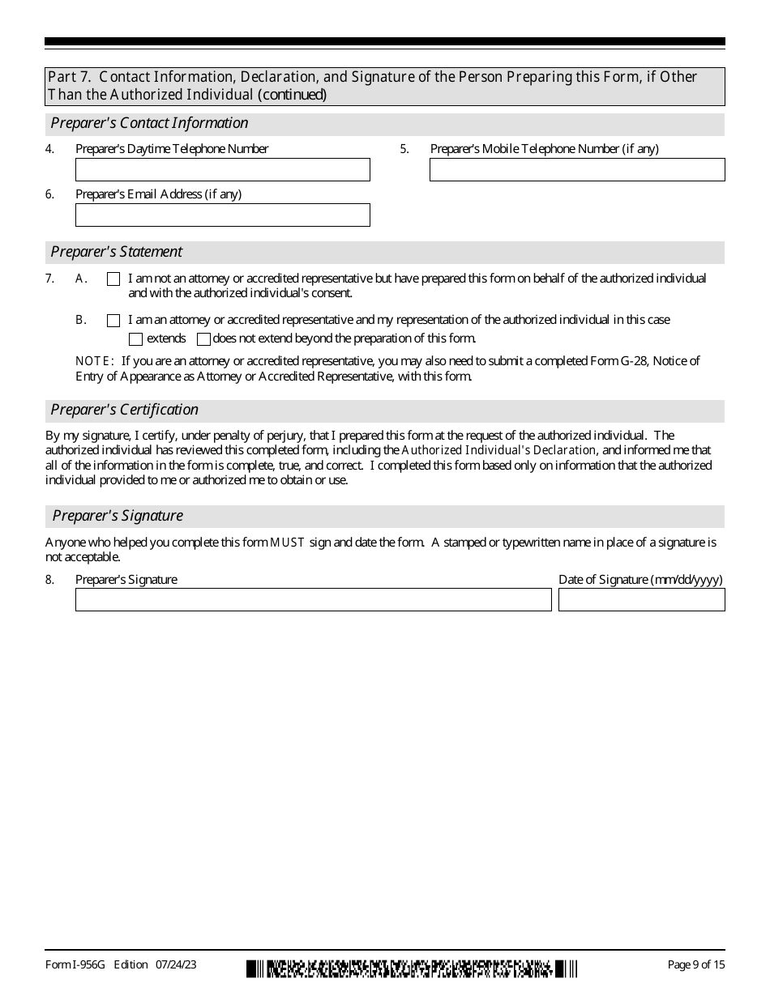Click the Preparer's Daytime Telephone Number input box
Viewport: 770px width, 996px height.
coord(222,169)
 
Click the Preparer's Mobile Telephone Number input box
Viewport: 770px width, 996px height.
coord(576,169)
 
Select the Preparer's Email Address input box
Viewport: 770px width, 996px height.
coord(222,215)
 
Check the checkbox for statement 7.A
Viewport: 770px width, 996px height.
coord(113,279)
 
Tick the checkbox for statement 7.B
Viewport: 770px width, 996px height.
coord(113,321)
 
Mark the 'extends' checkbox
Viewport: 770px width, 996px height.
coord(136,339)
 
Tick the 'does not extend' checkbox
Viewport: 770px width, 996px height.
coord(203,339)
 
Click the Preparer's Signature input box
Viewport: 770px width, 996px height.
coord(313,599)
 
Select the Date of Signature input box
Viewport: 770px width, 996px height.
coord(641,599)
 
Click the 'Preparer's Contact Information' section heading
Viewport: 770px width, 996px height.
coord(149,123)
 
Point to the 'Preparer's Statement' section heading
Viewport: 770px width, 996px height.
coord(116,252)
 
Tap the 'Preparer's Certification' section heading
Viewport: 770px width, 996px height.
coord(124,410)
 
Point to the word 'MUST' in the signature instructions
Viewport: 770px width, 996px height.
coord(287,543)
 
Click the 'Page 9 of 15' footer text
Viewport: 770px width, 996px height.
coord(695,964)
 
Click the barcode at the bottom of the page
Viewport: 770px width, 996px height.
coord(412,968)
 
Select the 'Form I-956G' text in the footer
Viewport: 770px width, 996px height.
coord(76,964)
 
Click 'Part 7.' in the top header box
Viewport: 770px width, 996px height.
coord(70,77)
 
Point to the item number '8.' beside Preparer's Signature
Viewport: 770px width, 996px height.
coord(50,580)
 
